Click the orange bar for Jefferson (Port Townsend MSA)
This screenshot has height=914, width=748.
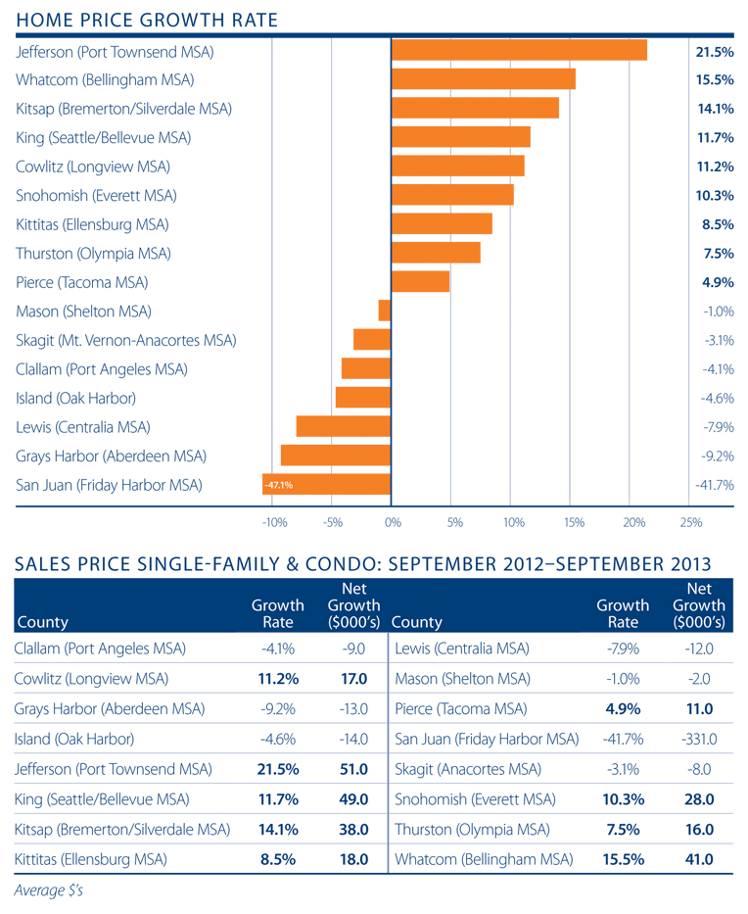point(519,50)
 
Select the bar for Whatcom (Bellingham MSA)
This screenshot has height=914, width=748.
point(483,79)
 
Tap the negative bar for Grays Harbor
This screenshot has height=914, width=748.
point(336,456)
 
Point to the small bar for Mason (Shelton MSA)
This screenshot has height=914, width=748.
point(385,311)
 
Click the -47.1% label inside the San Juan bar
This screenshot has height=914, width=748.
point(277,485)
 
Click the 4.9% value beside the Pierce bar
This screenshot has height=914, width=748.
point(717,282)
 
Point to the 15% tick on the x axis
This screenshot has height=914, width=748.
point(574,523)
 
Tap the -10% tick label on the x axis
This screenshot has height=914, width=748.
point(274,523)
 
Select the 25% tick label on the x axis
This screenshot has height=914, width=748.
point(691,523)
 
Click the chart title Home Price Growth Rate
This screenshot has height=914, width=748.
point(148,20)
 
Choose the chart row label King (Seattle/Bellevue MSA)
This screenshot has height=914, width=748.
point(104,137)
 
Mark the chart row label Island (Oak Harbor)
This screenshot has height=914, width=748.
point(75,398)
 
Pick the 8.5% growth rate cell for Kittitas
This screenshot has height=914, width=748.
point(278,859)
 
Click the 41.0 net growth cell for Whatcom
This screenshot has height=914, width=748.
point(698,859)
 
